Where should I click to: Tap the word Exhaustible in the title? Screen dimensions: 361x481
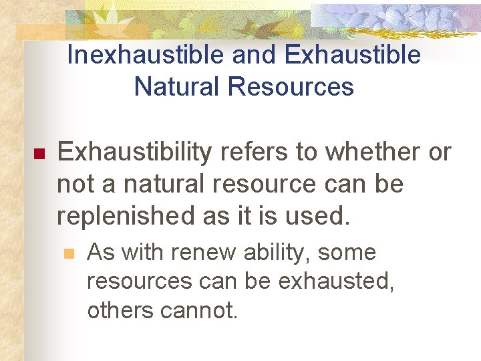click(x=353, y=55)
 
